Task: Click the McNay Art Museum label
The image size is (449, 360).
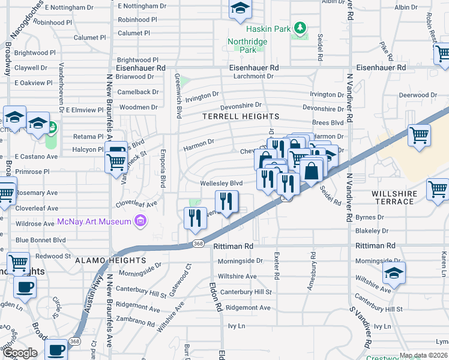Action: tap(94, 221)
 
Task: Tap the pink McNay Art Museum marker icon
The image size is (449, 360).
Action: tap(141, 221)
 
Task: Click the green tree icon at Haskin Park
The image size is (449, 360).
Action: tap(299, 28)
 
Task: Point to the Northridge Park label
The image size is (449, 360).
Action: tap(242, 46)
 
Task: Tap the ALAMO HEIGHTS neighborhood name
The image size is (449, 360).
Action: tap(110, 260)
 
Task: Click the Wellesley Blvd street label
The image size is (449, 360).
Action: tap(221, 183)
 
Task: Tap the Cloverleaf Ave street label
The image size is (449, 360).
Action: tap(141, 204)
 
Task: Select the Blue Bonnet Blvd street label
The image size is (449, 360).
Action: tap(40, 239)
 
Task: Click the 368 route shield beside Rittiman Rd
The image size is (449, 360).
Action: tap(198, 243)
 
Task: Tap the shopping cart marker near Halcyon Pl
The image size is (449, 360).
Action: tap(115, 162)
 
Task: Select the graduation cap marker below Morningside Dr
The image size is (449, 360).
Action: tap(394, 274)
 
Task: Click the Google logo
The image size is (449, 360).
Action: tap(20, 353)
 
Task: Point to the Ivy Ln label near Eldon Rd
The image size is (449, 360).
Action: tap(237, 326)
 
